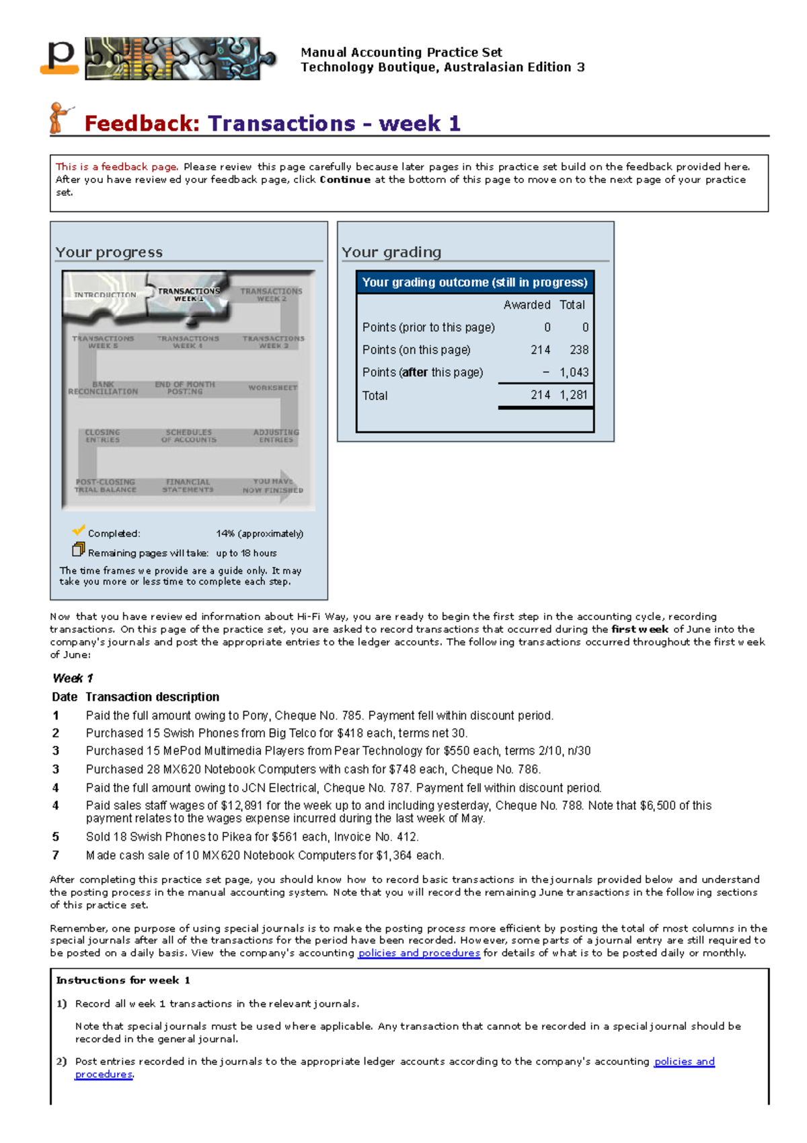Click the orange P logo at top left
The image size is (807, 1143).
click(60, 58)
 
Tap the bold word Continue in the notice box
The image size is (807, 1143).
click(345, 180)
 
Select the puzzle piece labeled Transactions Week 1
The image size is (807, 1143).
click(188, 295)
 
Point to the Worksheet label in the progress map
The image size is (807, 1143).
click(272, 388)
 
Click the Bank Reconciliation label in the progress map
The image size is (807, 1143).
click(103, 388)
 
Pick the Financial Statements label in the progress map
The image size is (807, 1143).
click(188, 486)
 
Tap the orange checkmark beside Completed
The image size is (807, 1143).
click(79, 530)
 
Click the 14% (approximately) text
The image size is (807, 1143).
click(260, 534)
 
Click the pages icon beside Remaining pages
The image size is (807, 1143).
click(79, 550)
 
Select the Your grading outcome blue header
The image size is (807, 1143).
click(475, 283)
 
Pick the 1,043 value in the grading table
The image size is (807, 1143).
click(574, 372)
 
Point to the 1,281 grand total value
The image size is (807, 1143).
click(574, 395)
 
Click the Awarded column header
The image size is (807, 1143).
click(527, 305)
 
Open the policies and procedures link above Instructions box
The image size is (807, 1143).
click(419, 953)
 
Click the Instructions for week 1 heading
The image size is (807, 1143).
click(123, 980)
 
